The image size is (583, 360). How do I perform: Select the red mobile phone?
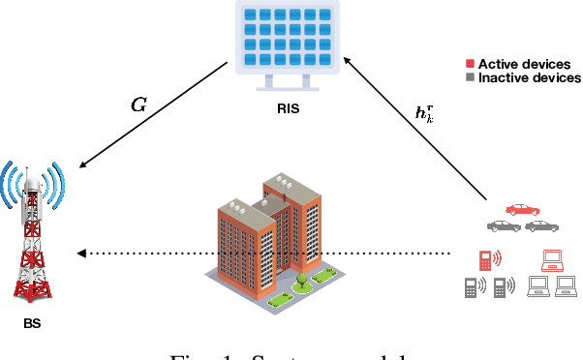click(x=485, y=259)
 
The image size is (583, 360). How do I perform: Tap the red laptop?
click(x=552, y=259)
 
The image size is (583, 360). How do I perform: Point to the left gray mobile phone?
click(x=471, y=287)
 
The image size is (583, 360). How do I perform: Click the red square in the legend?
click(x=470, y=64)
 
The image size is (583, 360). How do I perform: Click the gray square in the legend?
click(x=470, y=76)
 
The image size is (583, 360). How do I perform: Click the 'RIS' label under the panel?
click(x=287, y=109)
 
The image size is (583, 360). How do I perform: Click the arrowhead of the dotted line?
click(x=82, y=254)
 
